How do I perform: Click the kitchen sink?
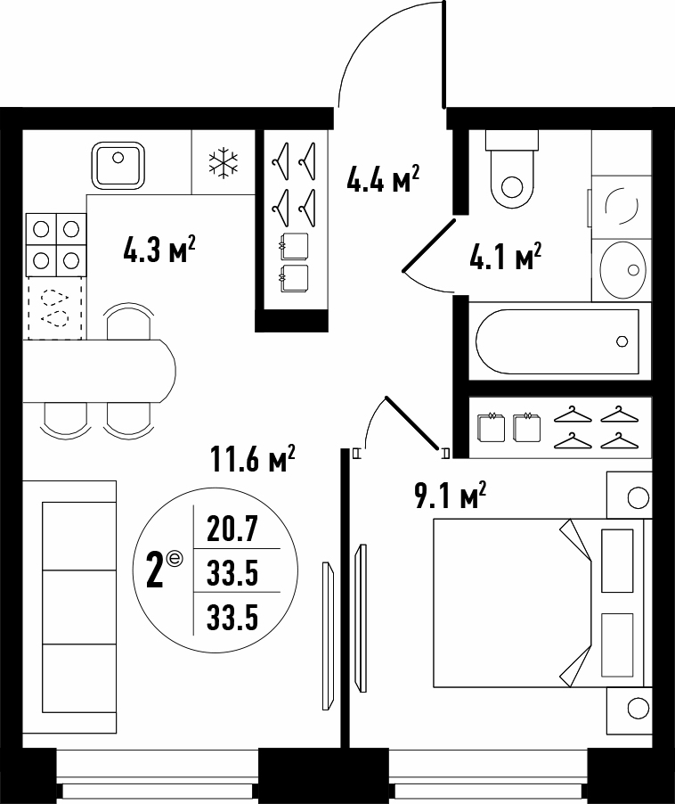(x=118, y=166)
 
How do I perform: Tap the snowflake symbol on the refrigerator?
(x=224, y=164)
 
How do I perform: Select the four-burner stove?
(x=56, y=244)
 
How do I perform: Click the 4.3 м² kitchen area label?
(x=159, y=250)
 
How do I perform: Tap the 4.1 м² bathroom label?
(x=506, y=256)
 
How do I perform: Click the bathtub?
(x=557, y=341)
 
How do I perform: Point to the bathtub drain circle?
(x=622, y=341)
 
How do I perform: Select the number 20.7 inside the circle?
(x=232, y=529)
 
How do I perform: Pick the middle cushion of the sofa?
(x=79, y=607)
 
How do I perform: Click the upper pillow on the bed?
(x=617, y=561)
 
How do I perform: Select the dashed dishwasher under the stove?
(x=55, y=308)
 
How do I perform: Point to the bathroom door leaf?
(x=429, y=244)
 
